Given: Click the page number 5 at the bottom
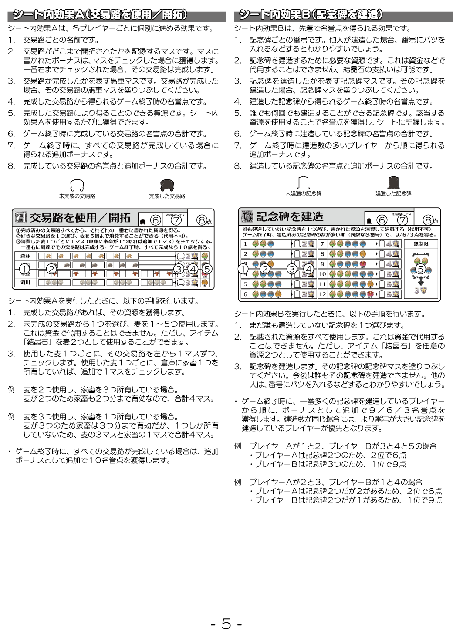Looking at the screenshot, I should [x=226, y=624].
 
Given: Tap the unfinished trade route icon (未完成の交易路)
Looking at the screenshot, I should [x=77, y=185].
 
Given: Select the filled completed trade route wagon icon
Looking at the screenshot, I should [x=167, y=185].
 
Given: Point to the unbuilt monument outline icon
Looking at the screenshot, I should [x=303, y=182].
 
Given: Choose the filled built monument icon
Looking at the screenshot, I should [x=393, y=182].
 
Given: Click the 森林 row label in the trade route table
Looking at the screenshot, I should [x=25, y=256].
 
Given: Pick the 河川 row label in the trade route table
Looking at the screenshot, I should [x=25, y=283].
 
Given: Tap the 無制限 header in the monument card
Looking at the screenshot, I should [x=421, y=244].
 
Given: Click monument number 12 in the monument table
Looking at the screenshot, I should [x=322, y=294].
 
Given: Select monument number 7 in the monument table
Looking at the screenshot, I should [x=322, y=244].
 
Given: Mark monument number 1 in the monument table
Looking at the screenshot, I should [x=246, y=244].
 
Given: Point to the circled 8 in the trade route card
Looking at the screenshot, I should [x=201, y=220].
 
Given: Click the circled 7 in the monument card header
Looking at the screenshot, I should [x=402, y=220].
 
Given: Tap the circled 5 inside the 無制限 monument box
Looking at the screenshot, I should [x=420, y=269].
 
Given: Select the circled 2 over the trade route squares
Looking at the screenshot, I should [x=51, y=269].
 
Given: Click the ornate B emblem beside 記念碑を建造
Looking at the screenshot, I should [x=247, y=216].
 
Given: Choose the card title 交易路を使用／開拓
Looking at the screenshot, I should [x=80, y=217].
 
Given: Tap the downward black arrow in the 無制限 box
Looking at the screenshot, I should [x=421, y=282].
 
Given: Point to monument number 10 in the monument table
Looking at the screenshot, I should [x=322, y=274].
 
